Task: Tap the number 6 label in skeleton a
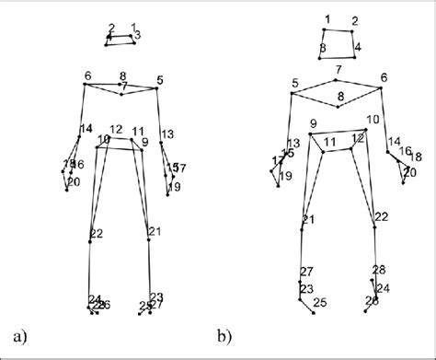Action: (87, 75)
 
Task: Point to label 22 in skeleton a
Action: (97, 233)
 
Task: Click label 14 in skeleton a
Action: (86, 128)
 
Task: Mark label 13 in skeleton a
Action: (166, 134)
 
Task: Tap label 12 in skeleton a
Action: (116, 129)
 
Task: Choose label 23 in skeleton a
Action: (155, 296)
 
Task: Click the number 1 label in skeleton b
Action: (327, 18)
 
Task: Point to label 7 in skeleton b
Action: (338, 70)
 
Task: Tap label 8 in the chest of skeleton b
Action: (339, 96)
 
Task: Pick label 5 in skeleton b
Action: (294, 83)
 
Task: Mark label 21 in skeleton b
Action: (308, 219)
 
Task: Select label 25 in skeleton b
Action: (319, 302)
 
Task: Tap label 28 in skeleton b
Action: (378, 269)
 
